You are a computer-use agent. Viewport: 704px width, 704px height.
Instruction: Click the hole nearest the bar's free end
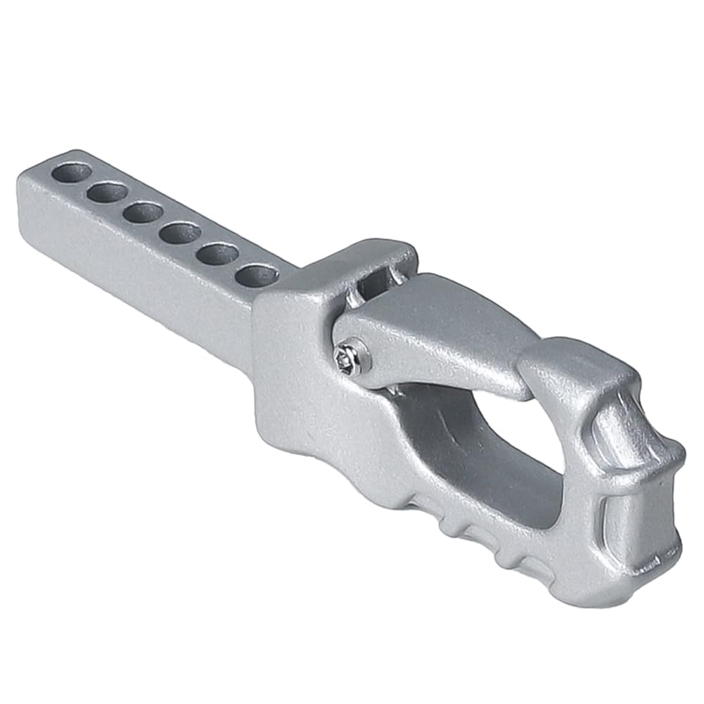pyautogui.click(x=72, y=172)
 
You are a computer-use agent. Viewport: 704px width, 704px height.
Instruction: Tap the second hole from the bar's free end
pyautogui.click(x=108, y=191)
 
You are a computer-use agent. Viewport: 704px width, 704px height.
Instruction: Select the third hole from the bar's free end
pyautogui.click(x=143, y=212)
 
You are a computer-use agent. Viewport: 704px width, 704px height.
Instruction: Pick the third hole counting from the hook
pyautogui.click(x=180, y=232)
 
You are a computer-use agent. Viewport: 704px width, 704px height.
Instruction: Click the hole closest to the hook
pyautogui.click(x=256, y=274)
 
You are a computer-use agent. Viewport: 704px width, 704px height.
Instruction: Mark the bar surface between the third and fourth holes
pyautogui.click(x=162, y=222)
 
